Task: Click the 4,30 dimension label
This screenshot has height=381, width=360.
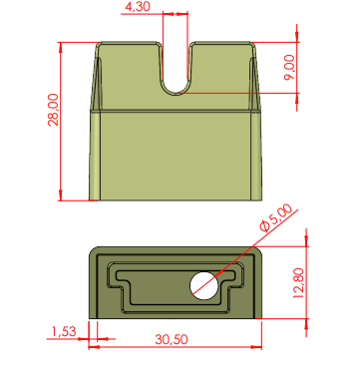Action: tap(138, 7)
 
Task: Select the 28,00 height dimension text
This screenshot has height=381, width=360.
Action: tap(53, 110)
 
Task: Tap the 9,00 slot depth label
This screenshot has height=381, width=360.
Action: tap(289, 67)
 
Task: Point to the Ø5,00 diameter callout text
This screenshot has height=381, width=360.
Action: tap(276, 217)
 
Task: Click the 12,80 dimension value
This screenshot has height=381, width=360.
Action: tap(298, 283)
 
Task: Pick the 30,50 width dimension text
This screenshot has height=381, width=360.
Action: tap(172, 339)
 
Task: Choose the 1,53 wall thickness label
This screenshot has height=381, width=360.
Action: tap(64, 331)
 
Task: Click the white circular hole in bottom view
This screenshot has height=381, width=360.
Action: tap(204, 285)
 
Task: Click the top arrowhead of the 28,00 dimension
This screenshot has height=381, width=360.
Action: tap(61, 47)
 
